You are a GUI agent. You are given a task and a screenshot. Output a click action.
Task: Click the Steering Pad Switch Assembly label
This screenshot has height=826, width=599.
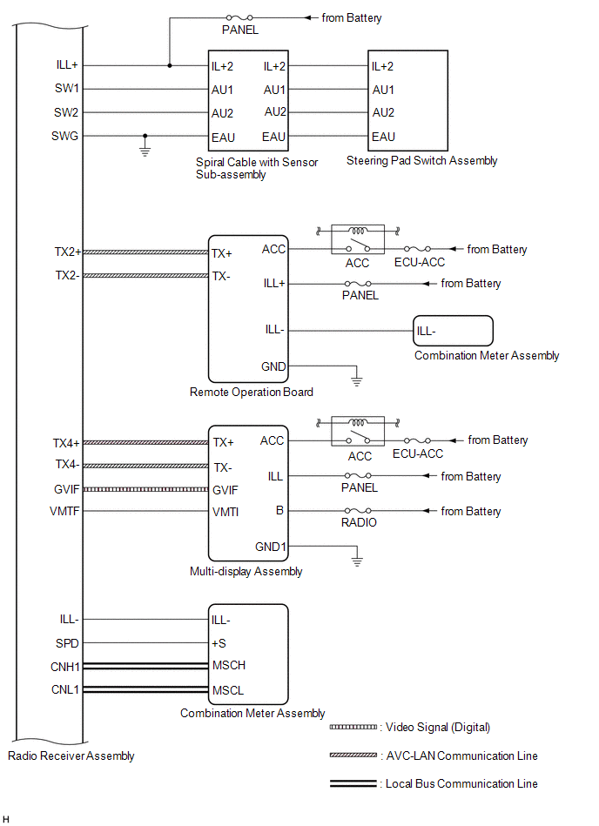tap(421, 161)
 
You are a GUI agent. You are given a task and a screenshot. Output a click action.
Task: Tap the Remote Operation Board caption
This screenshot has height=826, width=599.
tap(252, 392)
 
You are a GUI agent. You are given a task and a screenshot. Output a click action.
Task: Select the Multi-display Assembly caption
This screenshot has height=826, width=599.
tap(246, 572)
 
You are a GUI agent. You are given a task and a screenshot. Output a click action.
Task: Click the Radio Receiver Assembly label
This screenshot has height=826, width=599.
tap(71, 756)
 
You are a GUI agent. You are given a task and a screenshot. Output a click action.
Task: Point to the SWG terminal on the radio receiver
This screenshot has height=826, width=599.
tap(64, 136)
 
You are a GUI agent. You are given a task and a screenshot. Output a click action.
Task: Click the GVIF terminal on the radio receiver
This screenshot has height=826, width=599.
tap(66, 489)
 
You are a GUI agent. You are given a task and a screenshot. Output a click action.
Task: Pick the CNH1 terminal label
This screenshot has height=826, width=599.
tap(64, 667)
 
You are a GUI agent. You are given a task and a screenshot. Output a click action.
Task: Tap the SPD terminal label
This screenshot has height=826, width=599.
tap(67, 643)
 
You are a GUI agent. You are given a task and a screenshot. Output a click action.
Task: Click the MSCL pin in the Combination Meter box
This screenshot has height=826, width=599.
tap(228, 690)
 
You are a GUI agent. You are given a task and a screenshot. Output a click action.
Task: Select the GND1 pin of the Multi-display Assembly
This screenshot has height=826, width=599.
tap(270, 547)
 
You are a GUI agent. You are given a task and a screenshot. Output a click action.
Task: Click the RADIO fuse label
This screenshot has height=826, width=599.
tap(359, 522)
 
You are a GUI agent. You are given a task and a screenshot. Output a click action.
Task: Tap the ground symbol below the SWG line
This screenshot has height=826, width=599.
tap(145, 151)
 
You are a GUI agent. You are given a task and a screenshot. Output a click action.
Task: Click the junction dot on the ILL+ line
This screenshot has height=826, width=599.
tap(170, 66)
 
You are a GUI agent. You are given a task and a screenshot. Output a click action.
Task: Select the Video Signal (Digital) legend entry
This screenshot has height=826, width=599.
tap(410, 728)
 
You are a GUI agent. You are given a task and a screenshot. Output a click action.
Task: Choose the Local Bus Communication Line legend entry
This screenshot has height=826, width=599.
tap(434, 784)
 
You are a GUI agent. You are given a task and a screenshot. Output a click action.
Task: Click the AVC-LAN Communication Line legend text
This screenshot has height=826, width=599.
tap(462, 756)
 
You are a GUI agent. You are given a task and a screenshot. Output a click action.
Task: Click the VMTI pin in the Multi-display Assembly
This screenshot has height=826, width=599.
tap(225, 512)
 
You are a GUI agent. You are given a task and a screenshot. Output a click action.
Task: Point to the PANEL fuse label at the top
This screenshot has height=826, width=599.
tap(240, 30)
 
